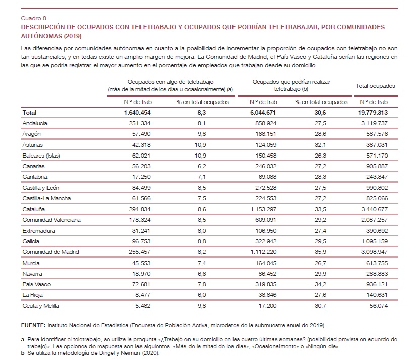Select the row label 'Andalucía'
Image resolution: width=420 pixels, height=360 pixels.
tap(36, 123)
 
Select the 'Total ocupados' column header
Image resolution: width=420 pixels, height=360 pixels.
tap(375, 86)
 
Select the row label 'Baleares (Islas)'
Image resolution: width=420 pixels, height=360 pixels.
tap(41, 155)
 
